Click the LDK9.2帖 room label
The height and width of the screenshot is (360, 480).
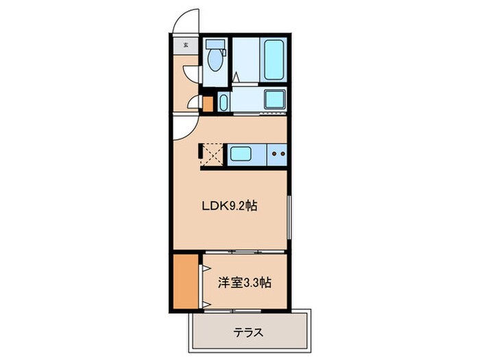pyautogui.click(x=229, y=206)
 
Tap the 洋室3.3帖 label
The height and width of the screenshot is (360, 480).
pyautogui.click(x=243, y=283)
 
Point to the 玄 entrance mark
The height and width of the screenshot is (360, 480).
pyautogui.click(x=186, y=46)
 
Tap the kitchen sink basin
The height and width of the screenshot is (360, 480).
pyautogui.click(x=243, y=154)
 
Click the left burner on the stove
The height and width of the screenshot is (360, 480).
pyautogui.click(x=274, y=154)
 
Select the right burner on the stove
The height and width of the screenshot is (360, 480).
pyautogui.click(x=282, y=154)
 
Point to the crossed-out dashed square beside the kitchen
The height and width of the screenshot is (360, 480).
pyautogui.click(x=211, y=154)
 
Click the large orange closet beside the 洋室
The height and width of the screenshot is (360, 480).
pyautogui.click(x=184, y=281)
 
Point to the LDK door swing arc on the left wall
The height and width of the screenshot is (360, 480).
pyautogui.click(x=183, y=126)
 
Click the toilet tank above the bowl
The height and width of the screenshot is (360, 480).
pyautogui.click(x=214, y=45)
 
